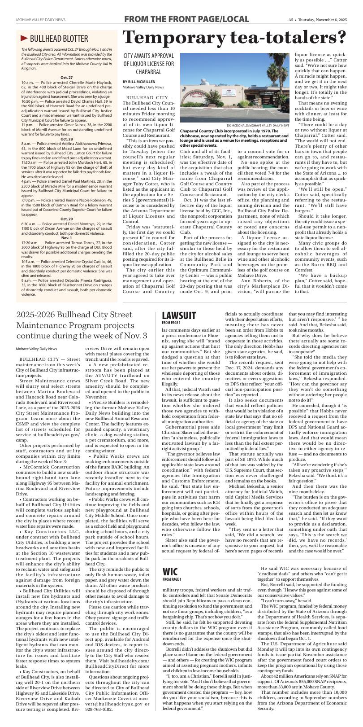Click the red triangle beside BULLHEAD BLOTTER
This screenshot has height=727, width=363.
(x=24, y=38)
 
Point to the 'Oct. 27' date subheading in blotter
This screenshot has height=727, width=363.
(x=66, y=78)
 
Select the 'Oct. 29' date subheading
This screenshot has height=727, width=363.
(x=66, y=206)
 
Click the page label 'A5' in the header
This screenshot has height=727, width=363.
(x=291, y=20)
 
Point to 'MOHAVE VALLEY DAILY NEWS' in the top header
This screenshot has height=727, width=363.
(x=40, y=20)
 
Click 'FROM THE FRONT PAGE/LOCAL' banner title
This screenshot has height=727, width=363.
(x=186, y=19)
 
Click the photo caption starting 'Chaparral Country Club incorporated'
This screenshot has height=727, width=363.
(x=233, y=138)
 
